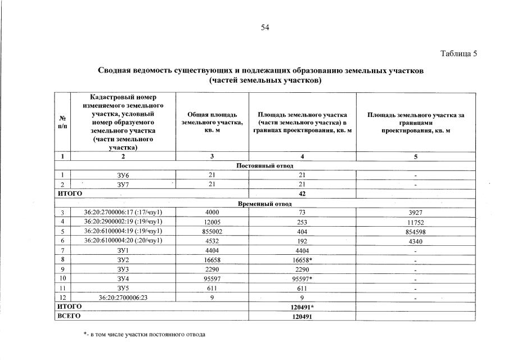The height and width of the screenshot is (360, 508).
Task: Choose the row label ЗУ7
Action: (x=123, y=184)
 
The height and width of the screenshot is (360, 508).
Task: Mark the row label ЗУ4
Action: (x=123, y=278)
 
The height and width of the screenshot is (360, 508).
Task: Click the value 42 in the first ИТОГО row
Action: (x=303, y=193)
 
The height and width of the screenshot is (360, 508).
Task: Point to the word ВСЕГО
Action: (x=70, y=316)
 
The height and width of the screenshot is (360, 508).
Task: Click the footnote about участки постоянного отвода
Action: (x=145, y=335)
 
